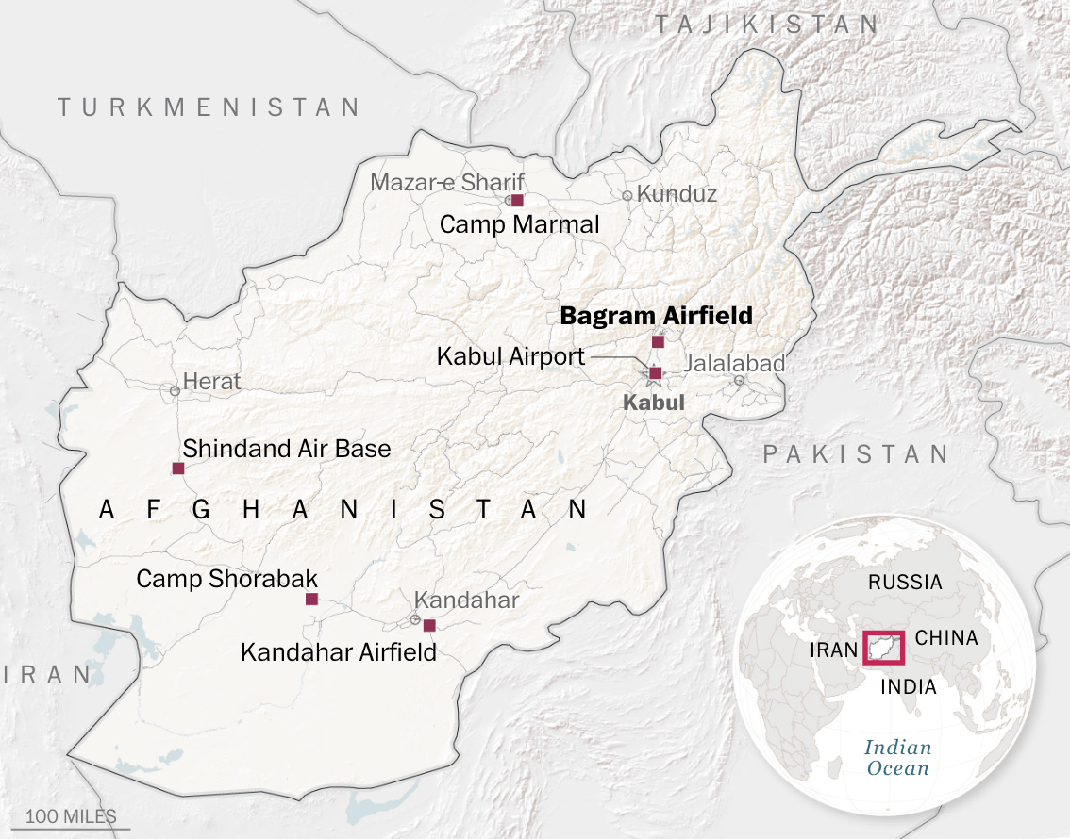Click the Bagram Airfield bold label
pos(657,316)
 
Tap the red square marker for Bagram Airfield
pos(658,341)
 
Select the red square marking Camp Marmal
pos(517,200)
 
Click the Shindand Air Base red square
pos(177,469)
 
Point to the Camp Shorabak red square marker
pos(311,599)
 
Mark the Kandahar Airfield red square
pos(429,625)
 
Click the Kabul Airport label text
pos(510,357)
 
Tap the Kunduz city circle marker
pos(627,196)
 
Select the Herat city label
pos(211,382)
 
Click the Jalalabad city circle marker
pos(739,381)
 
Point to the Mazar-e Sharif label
pos(446,182)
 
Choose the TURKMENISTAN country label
pos(209,107)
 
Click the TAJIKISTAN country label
pos(767,25)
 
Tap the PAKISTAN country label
pos(855,454)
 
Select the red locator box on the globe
pos(884,648)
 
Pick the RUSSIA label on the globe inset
pos(905,582)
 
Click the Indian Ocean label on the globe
pos(897,758)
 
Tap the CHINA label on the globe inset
pos(946,638)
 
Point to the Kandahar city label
pos(466,600)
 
